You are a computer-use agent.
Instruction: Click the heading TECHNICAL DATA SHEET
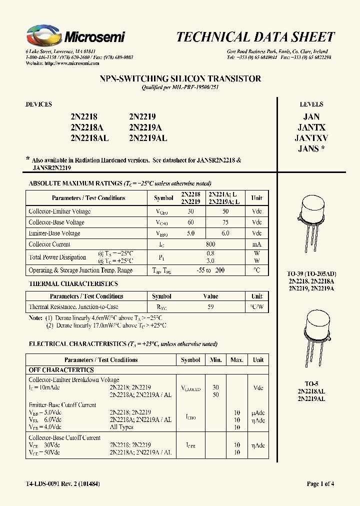pyautogui.click(x=255, y=36)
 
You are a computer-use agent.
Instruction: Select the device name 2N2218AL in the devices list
pyautogui.click(x=89, y=137)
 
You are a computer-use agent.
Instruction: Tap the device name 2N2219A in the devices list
pyautogui.click(x=145, y=127)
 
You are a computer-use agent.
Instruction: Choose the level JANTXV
pyautogui.click(x=311, y=138)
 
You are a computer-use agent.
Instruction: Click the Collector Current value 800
pyautogui.click(x=210, y=244)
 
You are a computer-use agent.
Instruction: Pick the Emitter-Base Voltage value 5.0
pyautogui.click(x=190, y=233)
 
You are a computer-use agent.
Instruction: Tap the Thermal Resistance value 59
pyautogui.click(x=210, y=307)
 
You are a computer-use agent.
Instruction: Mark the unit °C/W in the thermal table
pyautogui.click(x=256, y=307)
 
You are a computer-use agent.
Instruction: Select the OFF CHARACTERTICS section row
pyautogui.click(x=61, y=370)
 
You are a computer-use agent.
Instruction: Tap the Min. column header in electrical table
pyautogui.click(x=216, y=360)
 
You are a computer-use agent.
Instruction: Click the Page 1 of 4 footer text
pyautogui.click(x=320, y=483)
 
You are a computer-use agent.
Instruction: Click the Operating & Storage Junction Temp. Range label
pyautogui.click(x=80, y=270)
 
